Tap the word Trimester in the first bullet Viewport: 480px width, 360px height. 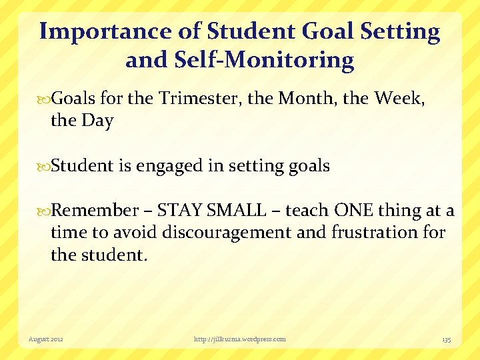coord(199,99)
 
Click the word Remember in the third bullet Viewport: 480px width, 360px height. coord(94,210)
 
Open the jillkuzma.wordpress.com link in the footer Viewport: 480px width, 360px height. coord(239,339)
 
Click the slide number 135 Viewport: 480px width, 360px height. coord(447,339)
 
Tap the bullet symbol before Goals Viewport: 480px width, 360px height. coord(45,100)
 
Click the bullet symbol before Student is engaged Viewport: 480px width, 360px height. coord(45,166)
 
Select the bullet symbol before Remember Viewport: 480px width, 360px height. coord(45,211)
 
